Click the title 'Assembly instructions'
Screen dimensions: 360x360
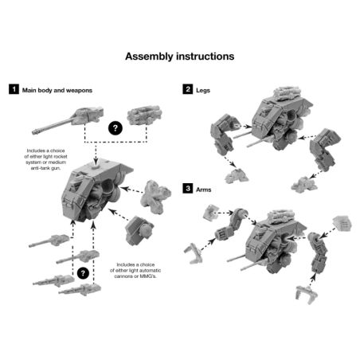tap(179, 57)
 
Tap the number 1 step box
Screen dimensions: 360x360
tap(14, 90)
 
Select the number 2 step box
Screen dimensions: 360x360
tap(187, 90)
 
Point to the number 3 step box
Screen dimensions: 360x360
tap(187, 189)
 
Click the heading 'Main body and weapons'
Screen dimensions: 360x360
tap(57, 90)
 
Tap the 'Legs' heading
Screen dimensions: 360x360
tap(205, 90)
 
